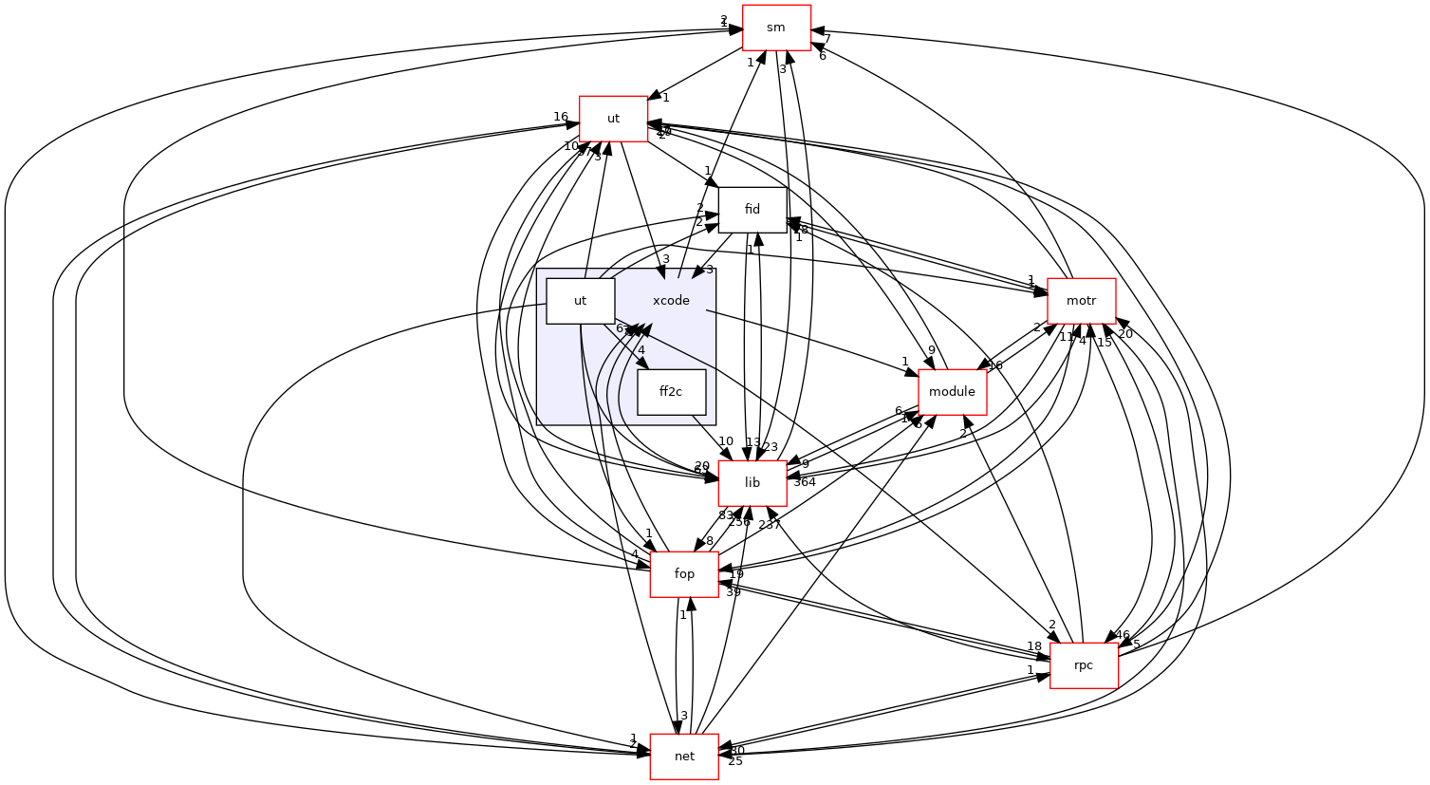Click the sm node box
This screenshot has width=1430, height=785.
(x=776, y=28)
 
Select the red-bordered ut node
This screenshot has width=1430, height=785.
(x=613, y=119)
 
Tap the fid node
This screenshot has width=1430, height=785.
(x=752, y=210)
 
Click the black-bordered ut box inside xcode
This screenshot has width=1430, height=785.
(x=580, y=301)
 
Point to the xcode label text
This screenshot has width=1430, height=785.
(x=671, y=301)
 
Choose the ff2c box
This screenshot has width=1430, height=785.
(x=671, y=392)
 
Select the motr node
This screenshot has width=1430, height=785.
(x=1081, y=301)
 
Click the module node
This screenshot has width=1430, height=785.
(x=952, y=392)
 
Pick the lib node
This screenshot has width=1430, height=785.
(x=752, y=483)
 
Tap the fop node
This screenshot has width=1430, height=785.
(x=684, y=574)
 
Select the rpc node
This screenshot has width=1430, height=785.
(x=1084, y=665)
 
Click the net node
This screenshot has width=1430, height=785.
(x=684, y=757)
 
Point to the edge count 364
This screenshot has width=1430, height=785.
(x=805, y=482)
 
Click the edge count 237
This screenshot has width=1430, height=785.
(x=770, y=525)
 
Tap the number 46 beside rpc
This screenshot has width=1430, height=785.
(x=1123, y=635)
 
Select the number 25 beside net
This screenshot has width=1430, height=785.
(x=735, y=761)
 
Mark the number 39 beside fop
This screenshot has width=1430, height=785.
(x=733, y=592)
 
